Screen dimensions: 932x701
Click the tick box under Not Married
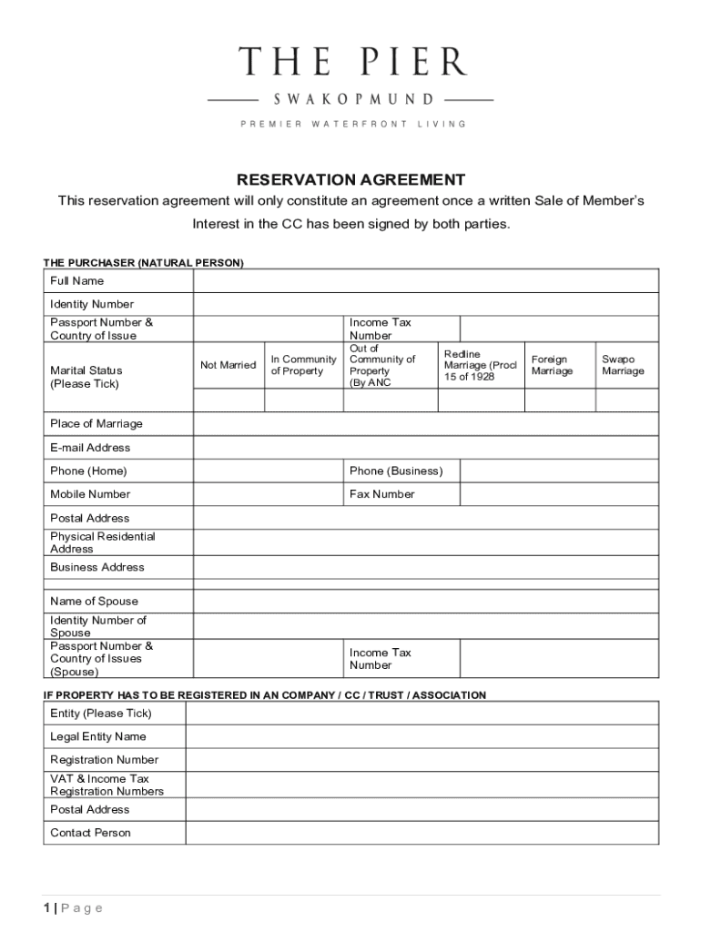pyautogui.click(x=228, y=400)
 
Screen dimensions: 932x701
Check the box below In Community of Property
pyautogui.click(x=303, y=400)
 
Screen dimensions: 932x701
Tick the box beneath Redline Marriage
pyautogui.click(x=481, y=400)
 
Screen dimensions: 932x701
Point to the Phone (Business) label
pyautogui.click(x=396, y=471)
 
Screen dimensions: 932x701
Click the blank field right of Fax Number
pyautogui.click(x=559, y=494)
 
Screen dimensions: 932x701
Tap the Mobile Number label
pyautogui.click(x=90, y=494)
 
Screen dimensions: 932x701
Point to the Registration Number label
pyautogui.click(x=104, y=760)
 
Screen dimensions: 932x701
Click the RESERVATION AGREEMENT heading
pyautogui.click(x=350, y=179)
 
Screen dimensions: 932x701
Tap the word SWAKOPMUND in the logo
pyautogui.click(x=350, y=98)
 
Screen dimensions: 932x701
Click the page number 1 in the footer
pyautogui.click(x=46, y=907)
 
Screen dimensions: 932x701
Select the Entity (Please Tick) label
pyautogui.click(x=100, y=714)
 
